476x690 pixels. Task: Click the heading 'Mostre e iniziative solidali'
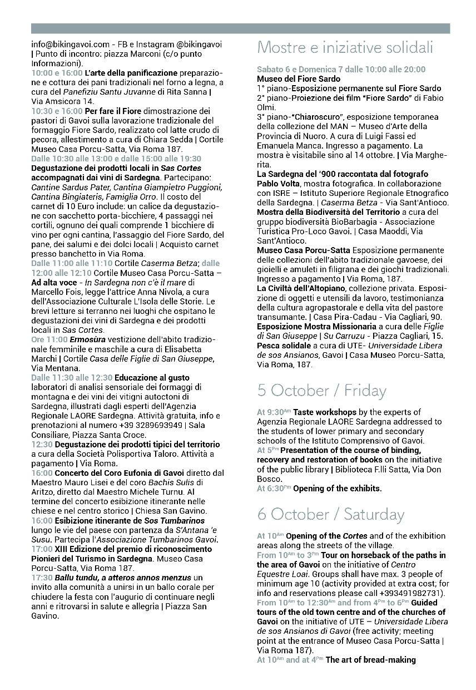point(345,48)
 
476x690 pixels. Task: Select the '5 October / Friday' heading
point(321,391)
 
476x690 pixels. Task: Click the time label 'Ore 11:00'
point(49,340)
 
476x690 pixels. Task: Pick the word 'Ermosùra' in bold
point(87,340)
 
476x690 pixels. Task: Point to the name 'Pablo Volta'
point(280,184)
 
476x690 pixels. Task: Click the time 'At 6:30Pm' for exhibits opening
point(274,489)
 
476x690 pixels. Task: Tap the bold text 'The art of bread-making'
point(370,660)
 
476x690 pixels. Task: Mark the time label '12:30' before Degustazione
point(42,445)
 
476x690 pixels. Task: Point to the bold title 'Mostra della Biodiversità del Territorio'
point(328,213)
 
